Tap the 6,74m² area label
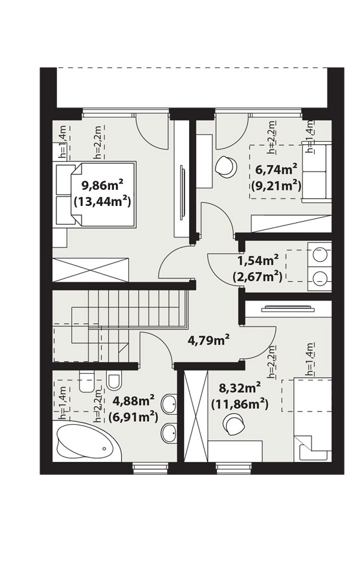click(276, 170)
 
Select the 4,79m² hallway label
click(208, 340)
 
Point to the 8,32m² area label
click(240, 389)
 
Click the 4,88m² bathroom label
click(133, 401)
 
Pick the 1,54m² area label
click(258, 261)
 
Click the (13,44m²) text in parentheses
click(103, 202)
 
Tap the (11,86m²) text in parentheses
click(240, 404)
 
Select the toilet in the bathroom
click(87, 383)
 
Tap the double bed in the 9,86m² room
click(95, 194)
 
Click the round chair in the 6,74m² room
click(226, 166)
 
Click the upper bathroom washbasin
click(169, 403)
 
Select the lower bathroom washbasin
click(169, 433)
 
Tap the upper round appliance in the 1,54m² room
click(319, 255)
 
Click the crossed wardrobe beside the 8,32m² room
click(196, 416)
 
